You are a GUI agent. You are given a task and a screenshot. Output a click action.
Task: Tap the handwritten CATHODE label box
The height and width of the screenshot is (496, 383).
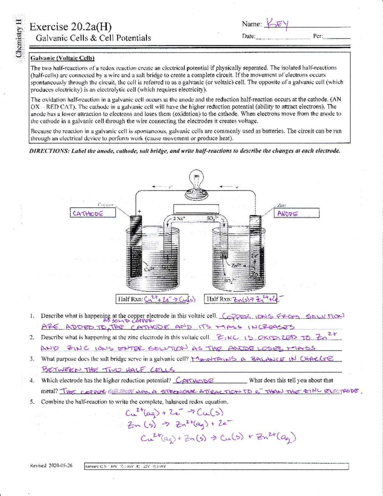point(93,213)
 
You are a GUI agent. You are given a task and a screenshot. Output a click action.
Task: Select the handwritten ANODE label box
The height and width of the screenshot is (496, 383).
point(296,213)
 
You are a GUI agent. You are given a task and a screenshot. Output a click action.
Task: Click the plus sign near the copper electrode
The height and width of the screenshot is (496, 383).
point(139,211)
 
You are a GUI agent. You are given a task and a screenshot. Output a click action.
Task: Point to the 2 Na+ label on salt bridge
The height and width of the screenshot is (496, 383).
point(179,218)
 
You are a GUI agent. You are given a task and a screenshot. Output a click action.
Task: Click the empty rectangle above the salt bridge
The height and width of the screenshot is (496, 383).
point(196,209)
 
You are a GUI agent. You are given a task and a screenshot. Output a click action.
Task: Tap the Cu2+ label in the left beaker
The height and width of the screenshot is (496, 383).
point(149,269)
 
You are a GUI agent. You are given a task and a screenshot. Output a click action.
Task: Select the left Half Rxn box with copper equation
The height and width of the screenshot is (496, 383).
point(156,299)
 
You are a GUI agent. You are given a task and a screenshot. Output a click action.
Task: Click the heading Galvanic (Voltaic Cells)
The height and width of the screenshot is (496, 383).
point(62,58)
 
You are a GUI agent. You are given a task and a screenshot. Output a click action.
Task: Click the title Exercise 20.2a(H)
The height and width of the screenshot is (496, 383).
point(71,27)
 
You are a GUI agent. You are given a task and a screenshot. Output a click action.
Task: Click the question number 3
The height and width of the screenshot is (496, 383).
point(32,359)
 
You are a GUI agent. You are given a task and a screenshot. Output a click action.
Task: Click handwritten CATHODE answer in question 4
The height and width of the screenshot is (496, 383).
point(195,380)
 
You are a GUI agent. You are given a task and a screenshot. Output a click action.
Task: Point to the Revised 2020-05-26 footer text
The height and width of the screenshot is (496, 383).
point(51,466)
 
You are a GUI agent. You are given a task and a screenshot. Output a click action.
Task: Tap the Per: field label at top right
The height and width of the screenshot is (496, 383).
point(318,36)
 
